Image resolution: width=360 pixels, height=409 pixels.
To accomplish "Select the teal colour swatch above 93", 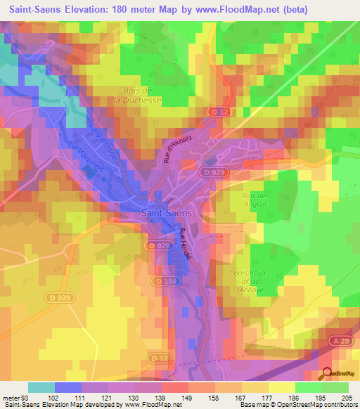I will pos(41,387).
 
